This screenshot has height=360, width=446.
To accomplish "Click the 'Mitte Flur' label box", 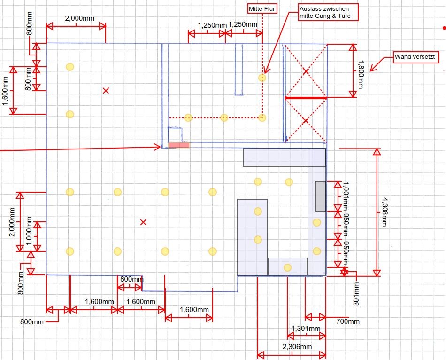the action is pyautogui.click(x=262, y=9).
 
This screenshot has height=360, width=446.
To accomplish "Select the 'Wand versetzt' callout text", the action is pyautogui.click(x=415, y=57).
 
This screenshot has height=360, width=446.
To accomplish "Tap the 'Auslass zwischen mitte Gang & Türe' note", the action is pyautogui.click(x=325, y=12).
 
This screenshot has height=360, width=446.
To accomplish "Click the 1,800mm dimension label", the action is pyautogui.click(x=361, y=74).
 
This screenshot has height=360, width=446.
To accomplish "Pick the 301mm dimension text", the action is pyautogui.click(x=356, y=294).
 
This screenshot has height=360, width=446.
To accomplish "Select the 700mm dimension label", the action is pyautogui.click(x=347, y=321).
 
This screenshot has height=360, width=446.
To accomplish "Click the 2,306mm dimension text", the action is pyautogui.click(x=297, y=347).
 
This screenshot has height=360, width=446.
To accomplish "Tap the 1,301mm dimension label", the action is pyautogui.click(x=306, y=329).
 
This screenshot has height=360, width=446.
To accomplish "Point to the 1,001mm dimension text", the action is pyautogui.click(x=346, y=196).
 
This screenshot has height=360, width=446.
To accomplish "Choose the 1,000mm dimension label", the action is pyautogui.click(x=29, y=231).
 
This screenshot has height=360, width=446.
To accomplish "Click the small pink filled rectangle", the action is pyautogui.click(x=179, y=145).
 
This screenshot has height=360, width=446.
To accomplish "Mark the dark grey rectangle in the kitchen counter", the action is pyautogui.click(x=320, y=196).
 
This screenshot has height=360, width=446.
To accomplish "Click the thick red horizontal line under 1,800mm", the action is pyautogui.click(x=306, y=98).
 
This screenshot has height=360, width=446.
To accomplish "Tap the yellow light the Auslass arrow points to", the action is pyautogui.click(x=262, y=78).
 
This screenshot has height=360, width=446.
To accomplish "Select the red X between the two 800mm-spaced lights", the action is pyautogui.click(x=106, y=91).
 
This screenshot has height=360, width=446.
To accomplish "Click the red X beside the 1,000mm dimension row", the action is pyautogui.click(x=143, y=222).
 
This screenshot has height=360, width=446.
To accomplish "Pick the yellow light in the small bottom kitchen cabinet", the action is pyautogui.click(x=288, y=267).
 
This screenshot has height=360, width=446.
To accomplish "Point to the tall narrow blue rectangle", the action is pyautogui.click(x=239, y=69).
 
